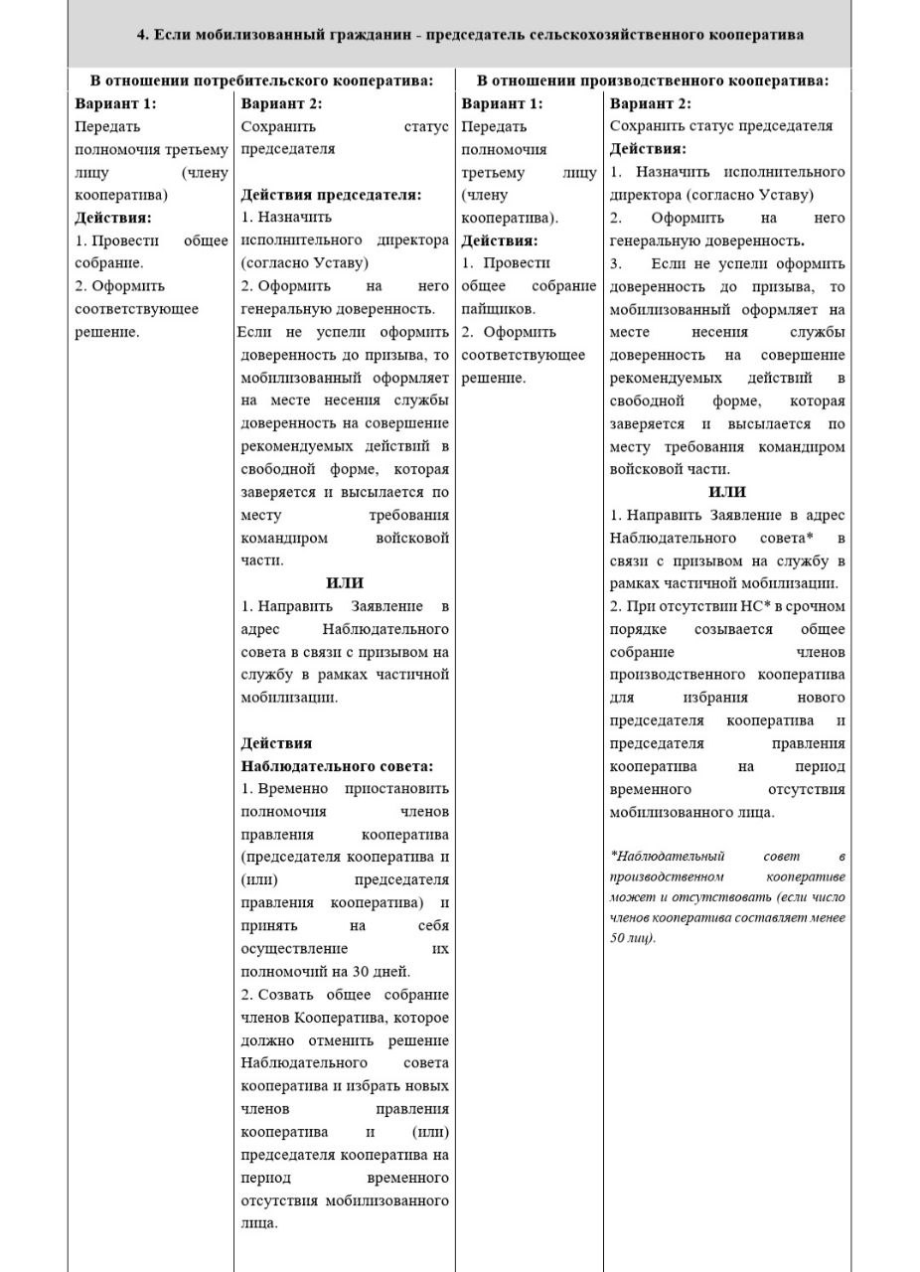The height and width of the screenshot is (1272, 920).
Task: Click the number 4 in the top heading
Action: pyautogui.click(x=141, y=35)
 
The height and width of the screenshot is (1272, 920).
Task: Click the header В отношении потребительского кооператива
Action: pyautogui.click(x=261, y=80)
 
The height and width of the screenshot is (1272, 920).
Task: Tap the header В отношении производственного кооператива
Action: pyautogui.click(x=652, y=80)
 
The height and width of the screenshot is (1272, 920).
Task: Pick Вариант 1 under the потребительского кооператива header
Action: pyautogui.click(x=115, y=103)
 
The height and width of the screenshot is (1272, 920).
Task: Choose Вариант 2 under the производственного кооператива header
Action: pyautogui.click(x=650, y=103)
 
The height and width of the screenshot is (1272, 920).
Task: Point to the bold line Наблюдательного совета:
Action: pyautogui.click(x=337, y=766)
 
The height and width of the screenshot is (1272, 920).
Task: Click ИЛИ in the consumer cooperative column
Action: pyautogui.click(x=345, y=583)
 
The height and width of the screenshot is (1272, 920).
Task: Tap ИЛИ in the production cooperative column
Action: pyautogui.click(x=727, y=492)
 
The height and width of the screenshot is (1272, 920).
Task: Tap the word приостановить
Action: pyautogui.click(x=396, y=788)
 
